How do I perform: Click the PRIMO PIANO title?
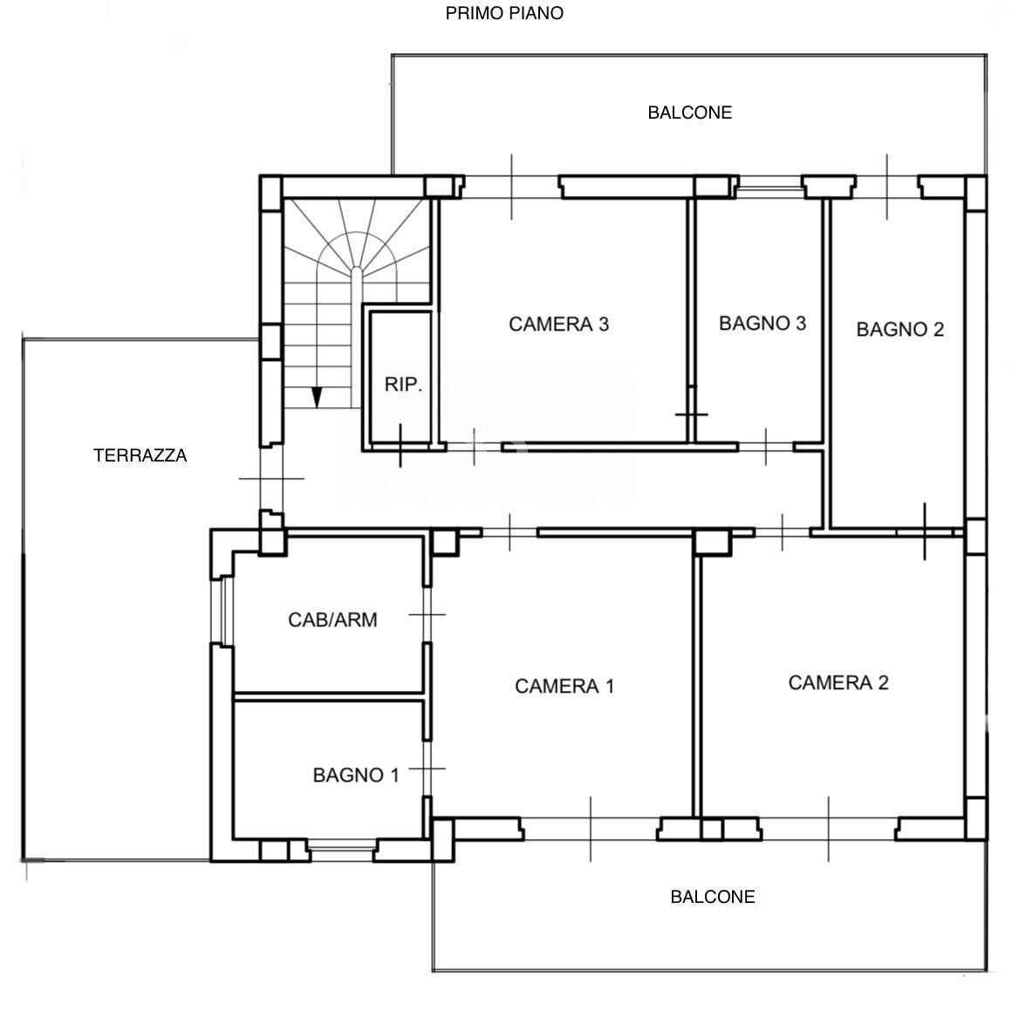click(x=504, y=13)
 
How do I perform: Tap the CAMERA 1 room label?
click(x=564, y=686)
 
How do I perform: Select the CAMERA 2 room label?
click(x=838, y=682)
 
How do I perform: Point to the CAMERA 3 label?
click(x=558, y=324)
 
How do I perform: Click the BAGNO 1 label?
click(x=356, y=775)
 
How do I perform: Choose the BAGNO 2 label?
click(x=899, y=329)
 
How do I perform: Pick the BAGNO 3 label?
click(x=762, y=323)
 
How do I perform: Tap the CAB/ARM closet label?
click(x=332, y=619)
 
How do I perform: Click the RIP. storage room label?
click(x=403, y=385)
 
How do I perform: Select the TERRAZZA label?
click(x=140, y=455)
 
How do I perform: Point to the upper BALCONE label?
click(x=689, y=113)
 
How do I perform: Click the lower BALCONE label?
click(x=713, y=897)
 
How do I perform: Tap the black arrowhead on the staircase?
click(x=316, y=398)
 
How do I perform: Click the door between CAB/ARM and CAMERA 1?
click(x=427, y=614)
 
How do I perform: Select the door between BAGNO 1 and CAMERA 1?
click(x=427, y=769)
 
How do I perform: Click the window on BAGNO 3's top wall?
click(x=770, y=187)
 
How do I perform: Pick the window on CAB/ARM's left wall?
click(x=222, y=611)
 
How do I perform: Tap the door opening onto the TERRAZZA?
click(x=271, y=478)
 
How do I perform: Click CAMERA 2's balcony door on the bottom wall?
click(x=829, y=829)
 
